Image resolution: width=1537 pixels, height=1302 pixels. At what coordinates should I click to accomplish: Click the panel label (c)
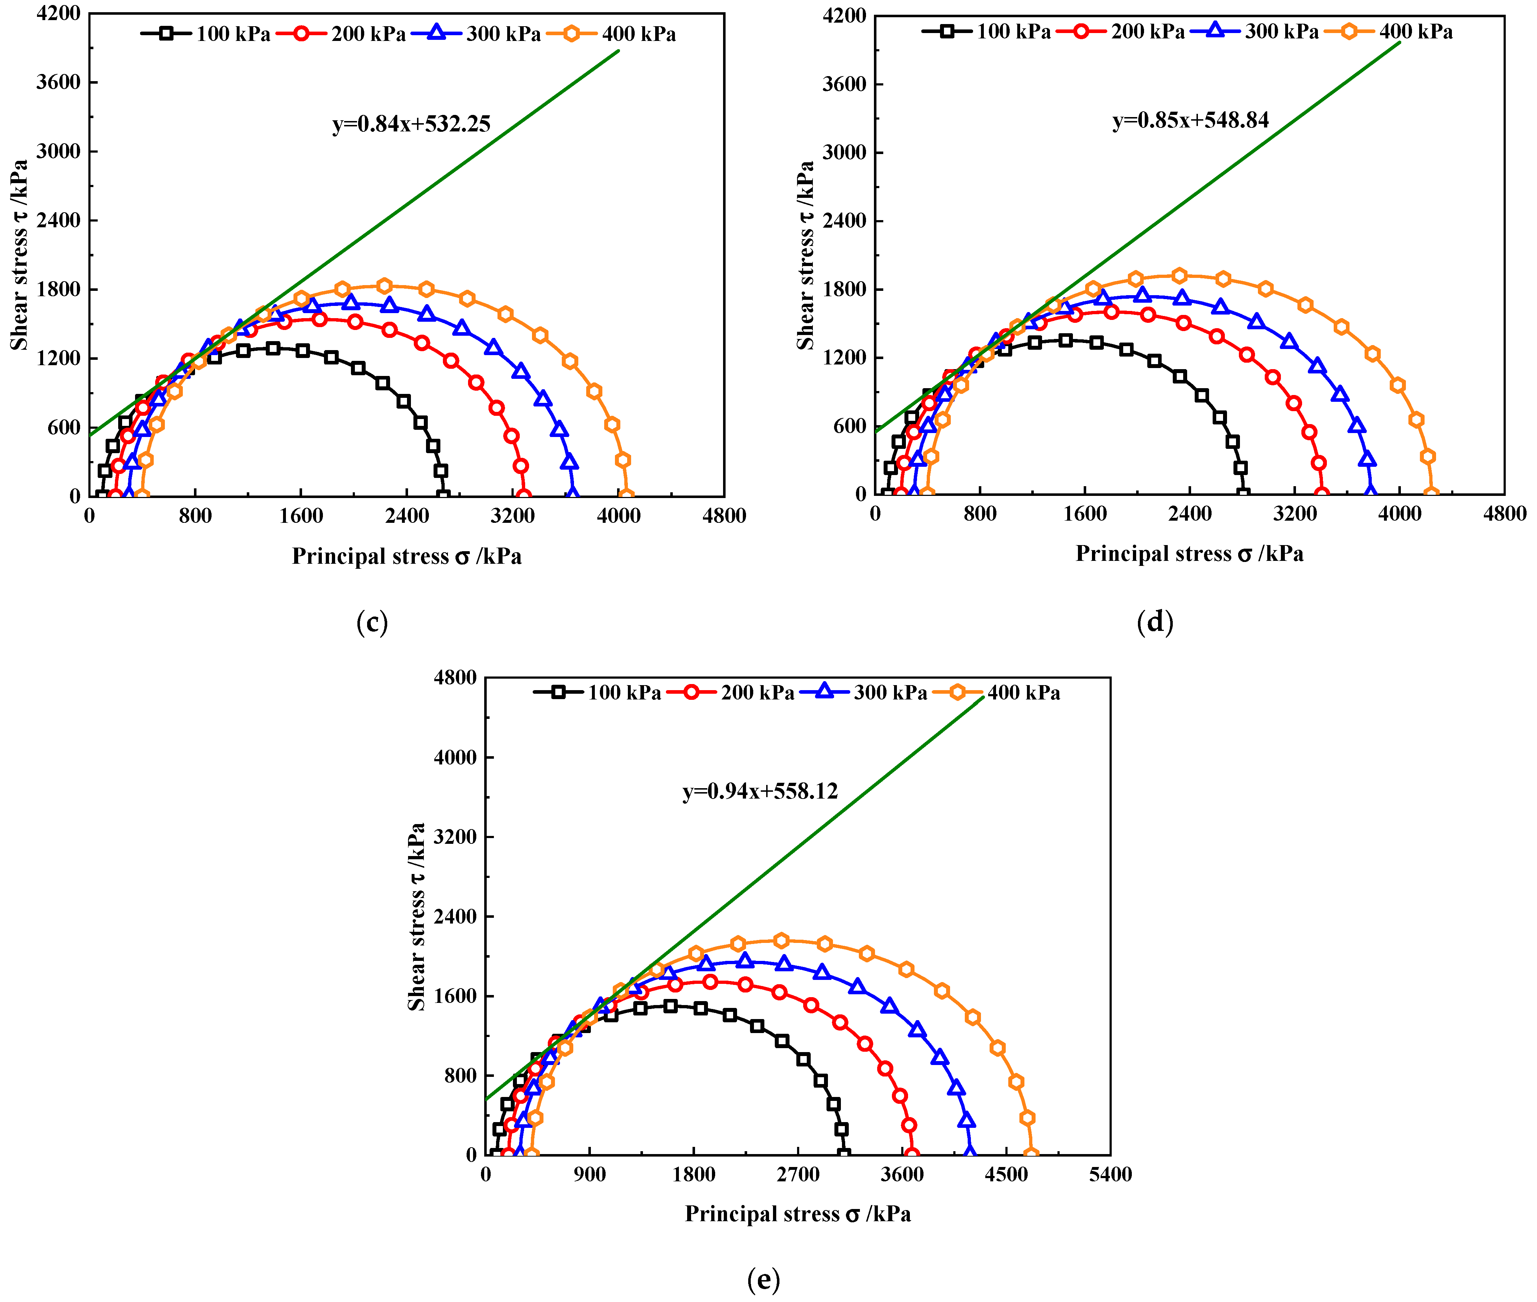point(372,622)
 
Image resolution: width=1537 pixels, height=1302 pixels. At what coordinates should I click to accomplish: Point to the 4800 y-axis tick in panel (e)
point(455,678)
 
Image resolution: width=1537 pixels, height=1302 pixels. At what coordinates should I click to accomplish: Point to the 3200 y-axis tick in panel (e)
point(455,837)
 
